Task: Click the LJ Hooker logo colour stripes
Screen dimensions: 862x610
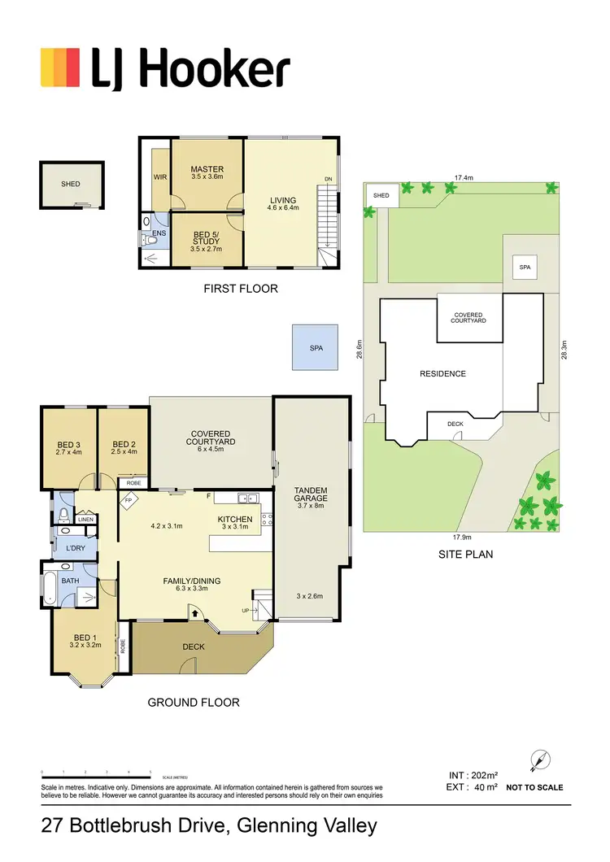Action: click(60, 67)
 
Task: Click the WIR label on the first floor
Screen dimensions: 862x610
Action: click(159, 176)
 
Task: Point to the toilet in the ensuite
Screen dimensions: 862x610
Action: click(150, 239)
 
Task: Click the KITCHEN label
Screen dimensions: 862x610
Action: click(235, 520)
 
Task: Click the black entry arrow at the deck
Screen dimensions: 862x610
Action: click(195, 612)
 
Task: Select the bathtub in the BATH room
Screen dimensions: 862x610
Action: click(49, 588)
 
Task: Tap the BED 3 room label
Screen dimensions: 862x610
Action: click(68, 445)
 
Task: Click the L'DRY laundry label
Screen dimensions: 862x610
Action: click(76, 548)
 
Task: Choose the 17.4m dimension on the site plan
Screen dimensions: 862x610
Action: click(464, 176)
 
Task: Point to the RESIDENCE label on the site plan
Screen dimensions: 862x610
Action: click(442, 374)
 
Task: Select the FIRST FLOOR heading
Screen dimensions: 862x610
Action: click(240, 289)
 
